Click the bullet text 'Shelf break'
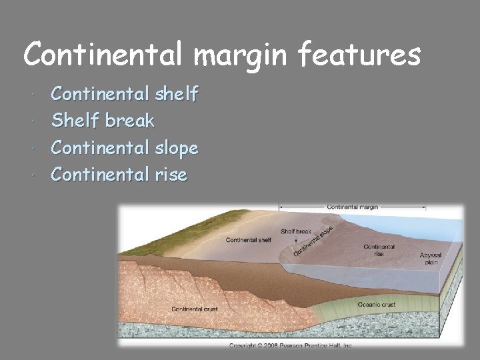click(x=103, y=121)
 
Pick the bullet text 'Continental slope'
click(x=125, y=147)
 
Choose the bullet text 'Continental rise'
click(x=119, y=175)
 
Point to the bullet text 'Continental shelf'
click(x=125, y=94)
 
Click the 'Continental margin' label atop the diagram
click(x=352, y=207)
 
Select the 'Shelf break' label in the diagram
click(x=296, y=231)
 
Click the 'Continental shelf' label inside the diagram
click(x=248, y=240)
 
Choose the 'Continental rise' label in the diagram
click(x=379, y=250)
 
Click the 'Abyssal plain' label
click(x=430, y=259)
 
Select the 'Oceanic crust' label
click(x=377, y=305)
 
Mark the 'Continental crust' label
click(x=195, y=309)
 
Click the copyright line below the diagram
click(x=291, y=345)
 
